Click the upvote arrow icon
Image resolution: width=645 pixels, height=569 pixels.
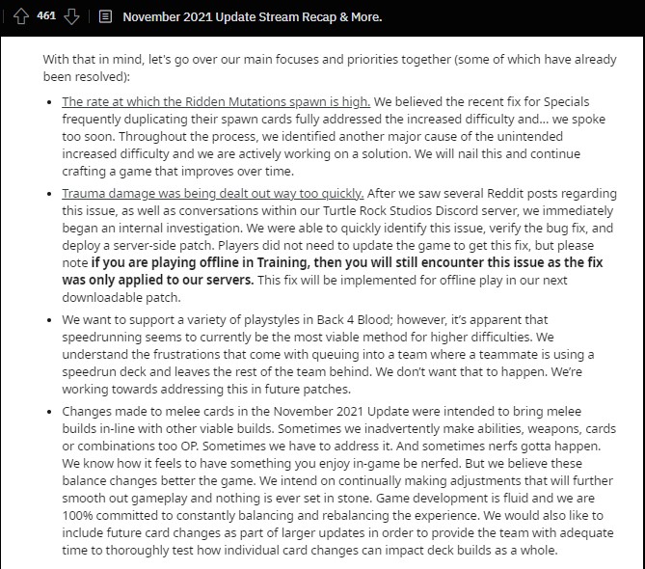pyautogui.click(x=18, y=17)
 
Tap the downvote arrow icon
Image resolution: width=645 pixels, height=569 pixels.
pyautogui.click(x=70, y=17)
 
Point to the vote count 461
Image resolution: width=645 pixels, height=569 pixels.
pyautogui.click(x=44, y=16)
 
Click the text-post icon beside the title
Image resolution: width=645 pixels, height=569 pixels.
pyautogui.click(x=105, y=17)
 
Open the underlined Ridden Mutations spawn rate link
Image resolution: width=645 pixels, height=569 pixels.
pyautogui.click(x=215, y=100)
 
